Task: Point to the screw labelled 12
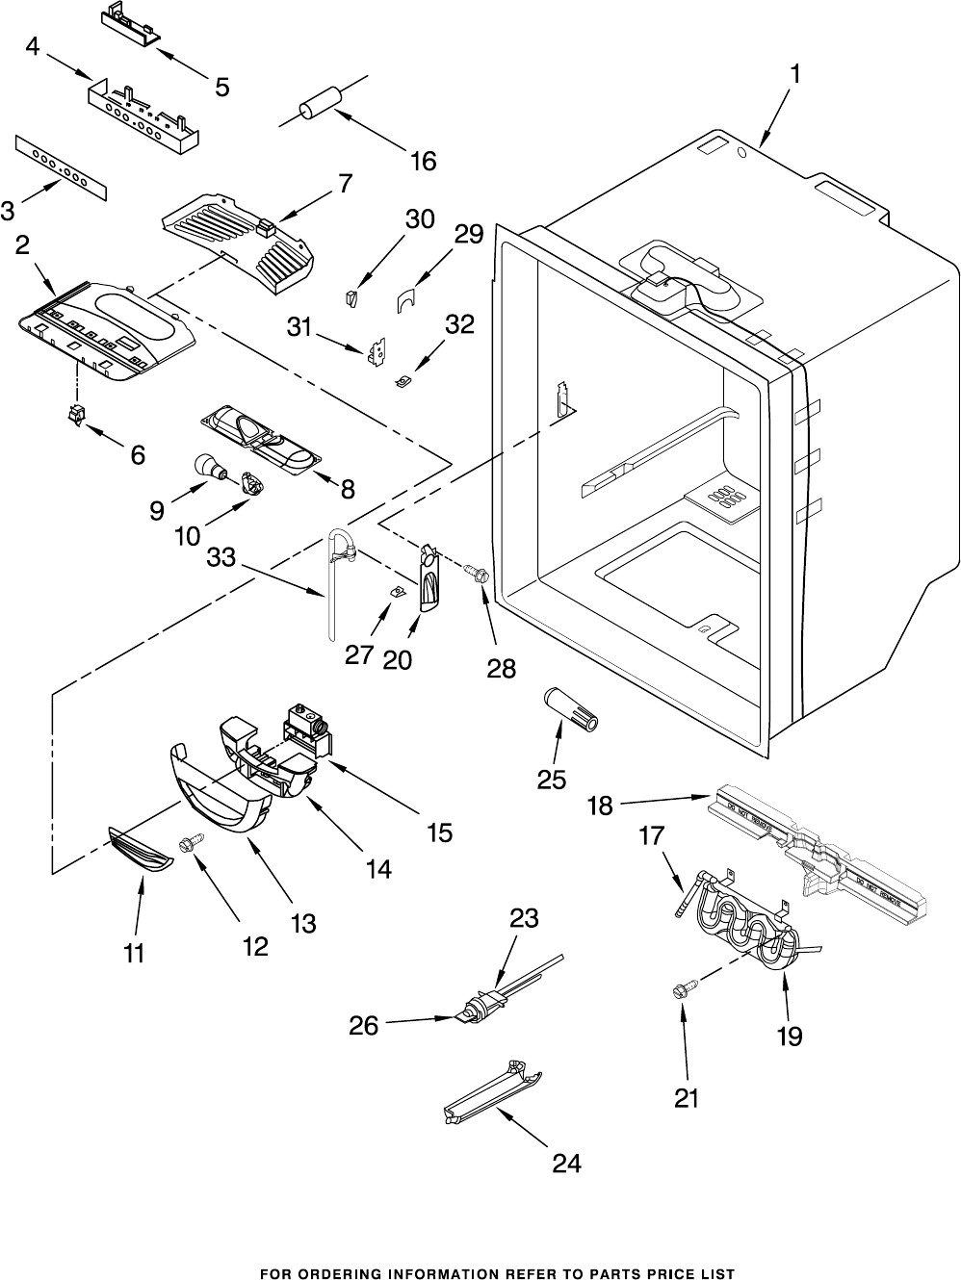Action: (188, 844)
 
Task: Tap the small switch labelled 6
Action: (75, 417)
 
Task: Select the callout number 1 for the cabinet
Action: (796, 73)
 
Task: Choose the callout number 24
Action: (567, 1164)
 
